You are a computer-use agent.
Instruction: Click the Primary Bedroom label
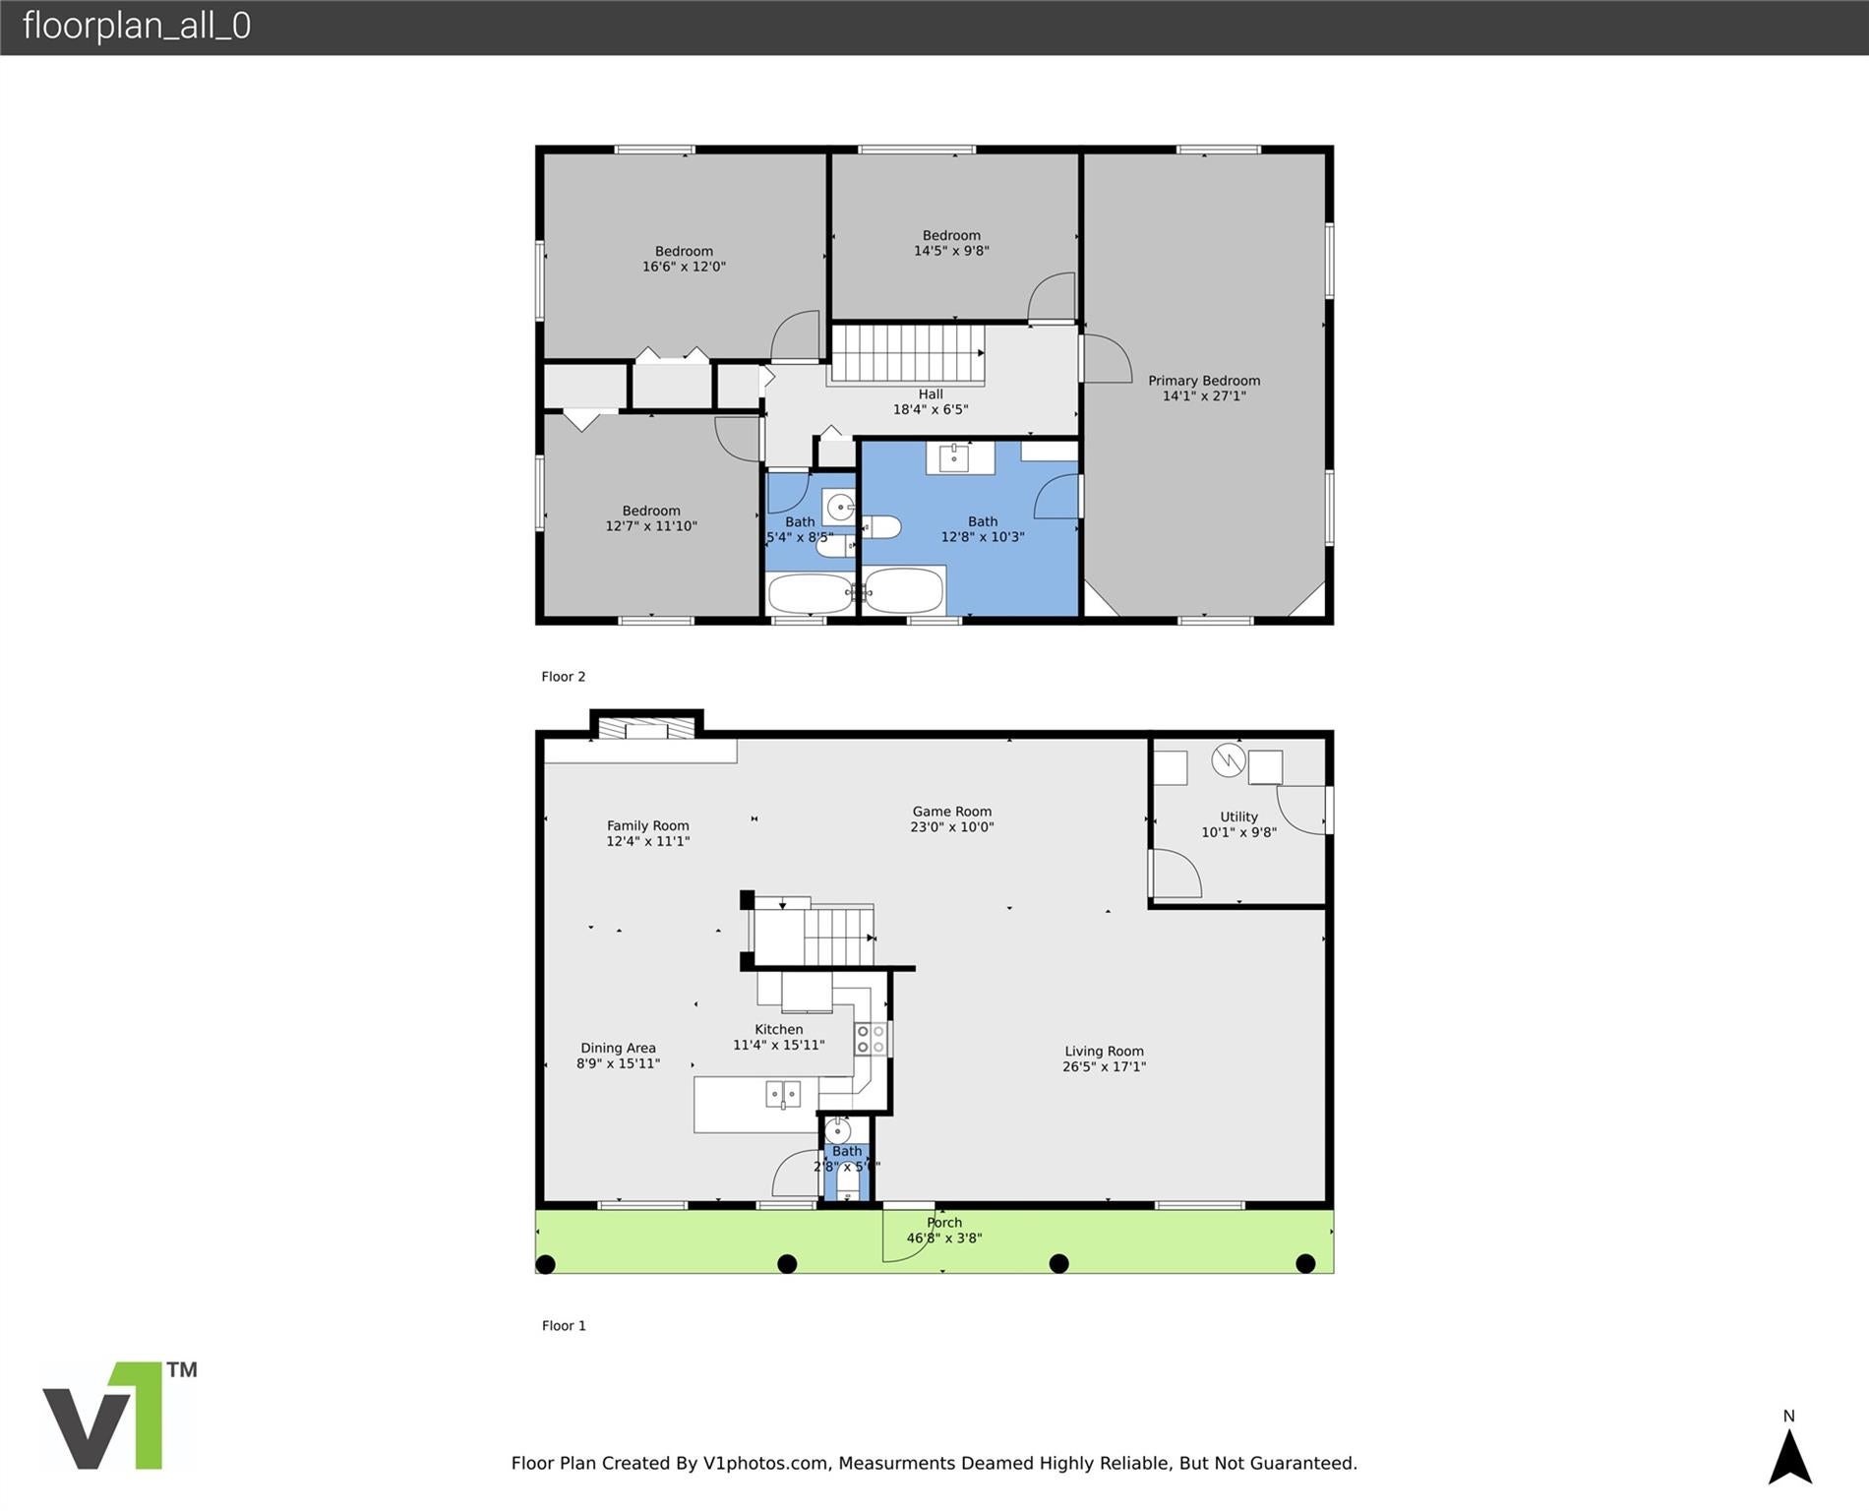(x=1203, y=381)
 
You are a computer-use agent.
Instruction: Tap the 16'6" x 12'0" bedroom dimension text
(x=684, y=267)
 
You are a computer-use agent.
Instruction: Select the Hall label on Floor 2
(x=930, y=394)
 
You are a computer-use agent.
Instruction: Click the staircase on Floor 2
(x=907, y=354)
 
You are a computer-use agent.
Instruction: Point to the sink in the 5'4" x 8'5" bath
(x=840, y=508)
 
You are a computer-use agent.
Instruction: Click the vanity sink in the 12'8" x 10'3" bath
(x=953, y=457)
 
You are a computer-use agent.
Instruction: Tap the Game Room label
(x=951, y=812)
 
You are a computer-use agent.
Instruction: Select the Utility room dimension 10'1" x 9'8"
(x=1238, y=832)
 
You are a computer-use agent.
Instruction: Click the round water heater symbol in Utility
(x=1228, y=759)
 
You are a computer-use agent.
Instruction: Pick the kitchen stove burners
(x=871, y=1039)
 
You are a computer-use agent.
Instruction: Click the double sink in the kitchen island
(x=783, y=1094)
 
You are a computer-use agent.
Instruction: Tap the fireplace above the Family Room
(x=646, y=729)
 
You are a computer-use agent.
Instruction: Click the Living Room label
(x=1103, y=1051)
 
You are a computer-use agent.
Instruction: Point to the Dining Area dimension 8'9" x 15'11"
(x=618, y=1063)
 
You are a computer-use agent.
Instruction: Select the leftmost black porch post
(x=546, y=1264)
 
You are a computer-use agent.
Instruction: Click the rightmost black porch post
(x=1305, y=1264)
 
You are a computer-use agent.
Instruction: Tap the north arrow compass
(x=1789, y=1454)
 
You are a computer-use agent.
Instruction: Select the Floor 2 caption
(x=563, y=677)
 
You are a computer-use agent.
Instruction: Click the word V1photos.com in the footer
(x=764, y=1463)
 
